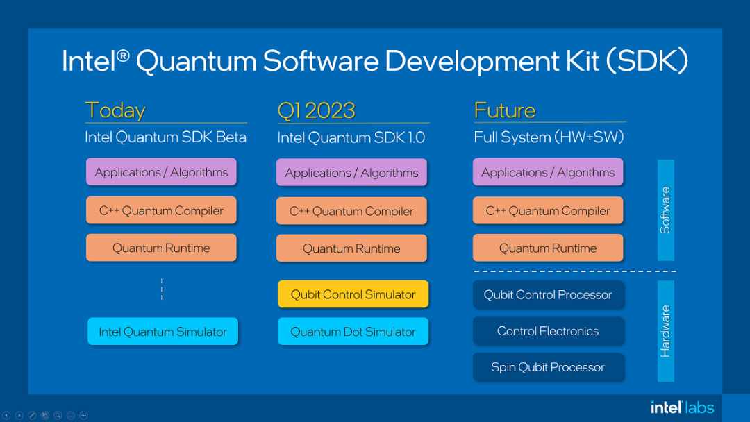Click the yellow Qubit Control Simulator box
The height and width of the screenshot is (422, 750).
click(353, 294)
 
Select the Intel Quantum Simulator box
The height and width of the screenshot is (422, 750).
click(162, 332)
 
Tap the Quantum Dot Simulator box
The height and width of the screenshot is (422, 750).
click(353, 332)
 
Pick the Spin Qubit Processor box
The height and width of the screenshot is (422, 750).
click(548, 367)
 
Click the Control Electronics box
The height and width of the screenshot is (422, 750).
click(548, 331)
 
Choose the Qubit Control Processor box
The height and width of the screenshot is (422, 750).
click(548, 294)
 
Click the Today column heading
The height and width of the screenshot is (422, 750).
click(115, 110)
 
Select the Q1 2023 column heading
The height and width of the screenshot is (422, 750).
click(316, 110)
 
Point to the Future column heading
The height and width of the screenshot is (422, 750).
click(505, 110)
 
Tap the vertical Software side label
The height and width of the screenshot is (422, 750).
click(665, 210)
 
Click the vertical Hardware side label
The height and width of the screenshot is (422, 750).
click(665, 331)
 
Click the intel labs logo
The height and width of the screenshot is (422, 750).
click(682, 407)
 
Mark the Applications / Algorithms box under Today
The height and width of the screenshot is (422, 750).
click(161, 172)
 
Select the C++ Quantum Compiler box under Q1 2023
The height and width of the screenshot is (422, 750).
click(351, 211)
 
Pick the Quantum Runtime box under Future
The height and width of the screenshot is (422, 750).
click(548, 248)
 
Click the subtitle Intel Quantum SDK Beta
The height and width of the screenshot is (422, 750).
click(165, 137)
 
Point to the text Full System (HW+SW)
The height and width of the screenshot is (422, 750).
click(549, 137)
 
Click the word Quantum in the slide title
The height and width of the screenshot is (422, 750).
click(197, 61)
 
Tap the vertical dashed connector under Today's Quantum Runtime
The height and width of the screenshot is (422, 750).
click(162, 289)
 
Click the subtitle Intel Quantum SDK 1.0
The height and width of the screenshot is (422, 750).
click(351, 137)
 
